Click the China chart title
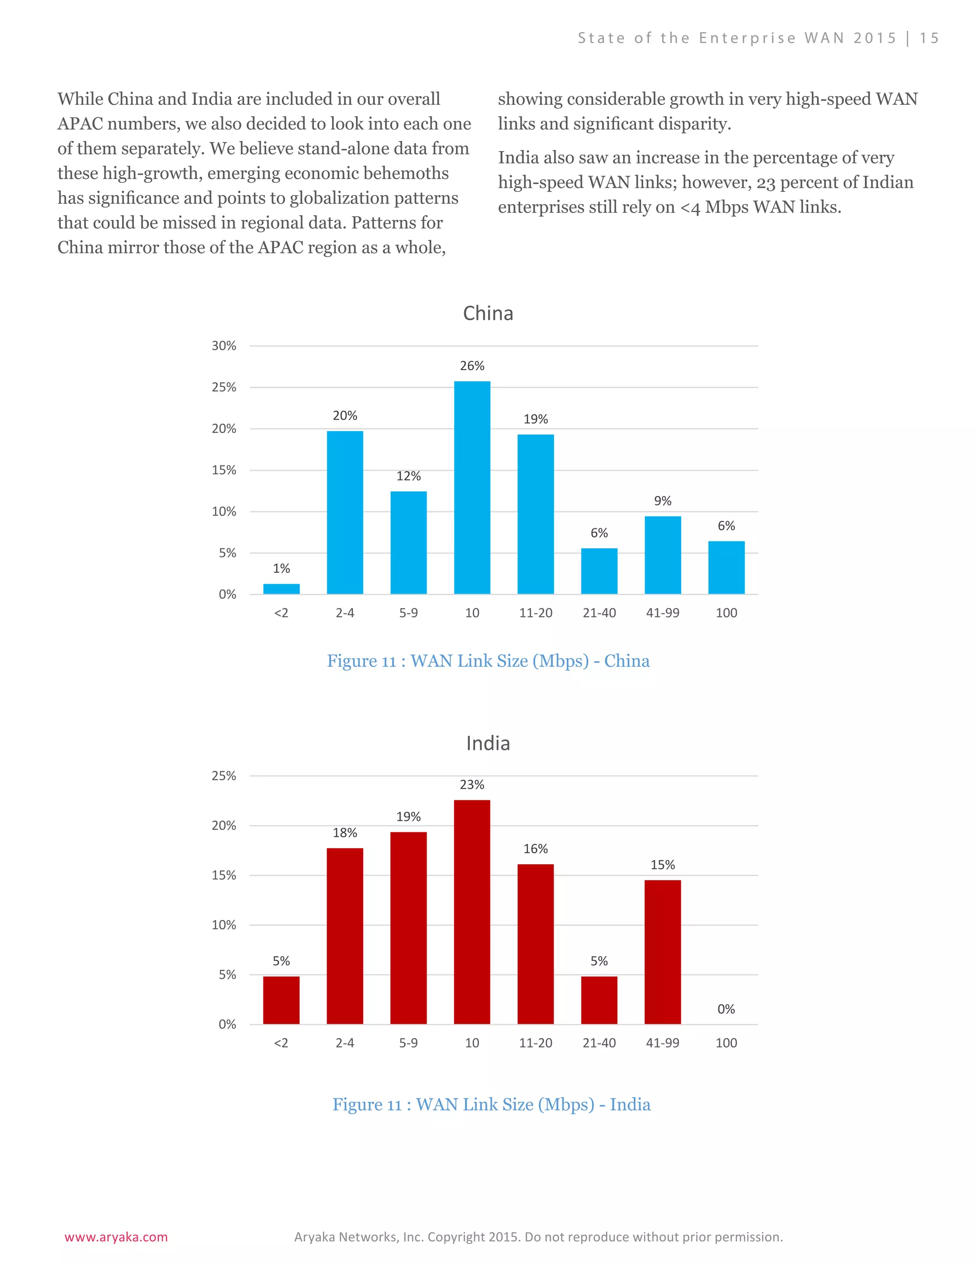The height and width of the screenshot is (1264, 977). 488,313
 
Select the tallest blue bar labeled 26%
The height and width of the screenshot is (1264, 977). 472,487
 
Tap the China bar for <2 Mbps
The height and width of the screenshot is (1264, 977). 281,589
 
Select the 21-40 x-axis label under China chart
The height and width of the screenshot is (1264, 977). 599,613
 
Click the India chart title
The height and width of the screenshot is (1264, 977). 488,743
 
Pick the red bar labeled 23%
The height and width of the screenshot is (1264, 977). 472,912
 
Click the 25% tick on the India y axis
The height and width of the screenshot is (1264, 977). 224,776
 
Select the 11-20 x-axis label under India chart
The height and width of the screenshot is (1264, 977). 535,1043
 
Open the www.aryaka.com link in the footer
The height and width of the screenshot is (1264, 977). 116,1237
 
